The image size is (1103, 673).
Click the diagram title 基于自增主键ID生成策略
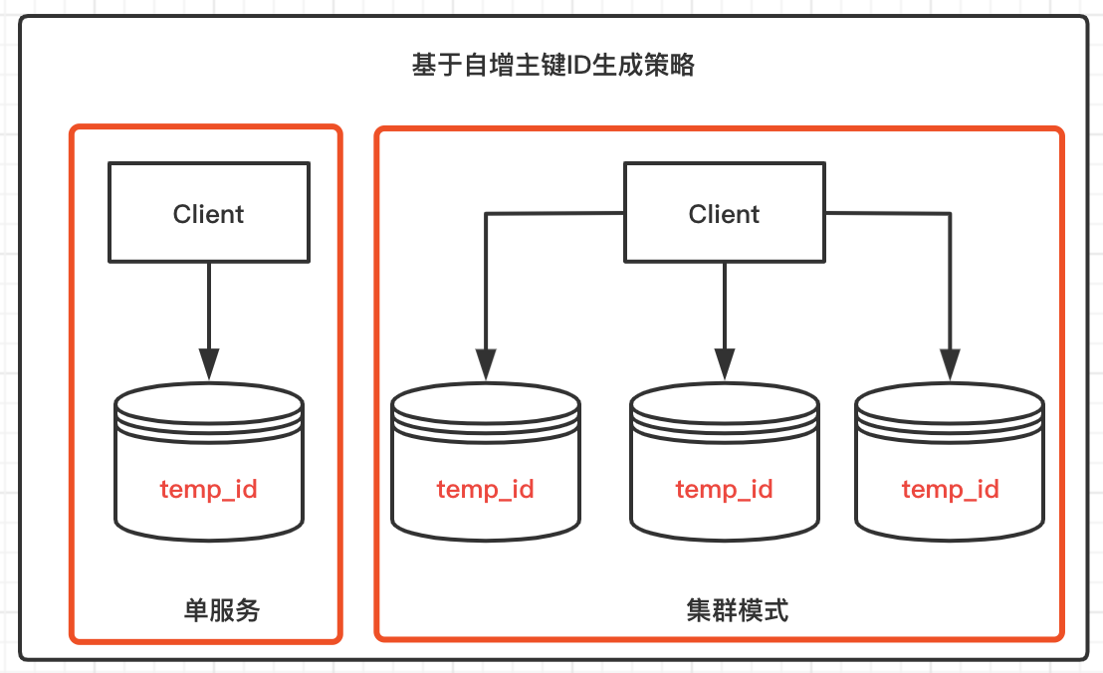click(x=552, y=65)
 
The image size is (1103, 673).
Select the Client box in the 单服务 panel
click(x=209, y=212)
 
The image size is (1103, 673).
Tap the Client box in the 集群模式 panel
click(x=725, y=212)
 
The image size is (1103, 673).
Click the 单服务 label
click(x=222, y=609)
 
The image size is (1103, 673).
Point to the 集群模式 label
click(x=738, y=609)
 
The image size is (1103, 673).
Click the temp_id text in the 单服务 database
click(x=209, y=489)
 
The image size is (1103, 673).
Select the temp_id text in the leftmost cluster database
click(x=486, y=489)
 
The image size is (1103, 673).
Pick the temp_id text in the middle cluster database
click(x=725, y=489)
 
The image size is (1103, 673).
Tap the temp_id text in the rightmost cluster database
click(x=951, y=489)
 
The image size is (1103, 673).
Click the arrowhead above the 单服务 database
click(x=209, y=364)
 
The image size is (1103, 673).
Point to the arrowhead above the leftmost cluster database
click(x=486, y=364)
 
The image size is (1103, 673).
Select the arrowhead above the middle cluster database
click(x=725, y=364)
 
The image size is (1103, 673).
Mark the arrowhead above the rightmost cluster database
click(x=951, y=364)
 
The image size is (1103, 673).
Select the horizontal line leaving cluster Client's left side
click(x=554, y=213)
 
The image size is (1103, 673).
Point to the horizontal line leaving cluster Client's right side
click(x=888, y=213)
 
